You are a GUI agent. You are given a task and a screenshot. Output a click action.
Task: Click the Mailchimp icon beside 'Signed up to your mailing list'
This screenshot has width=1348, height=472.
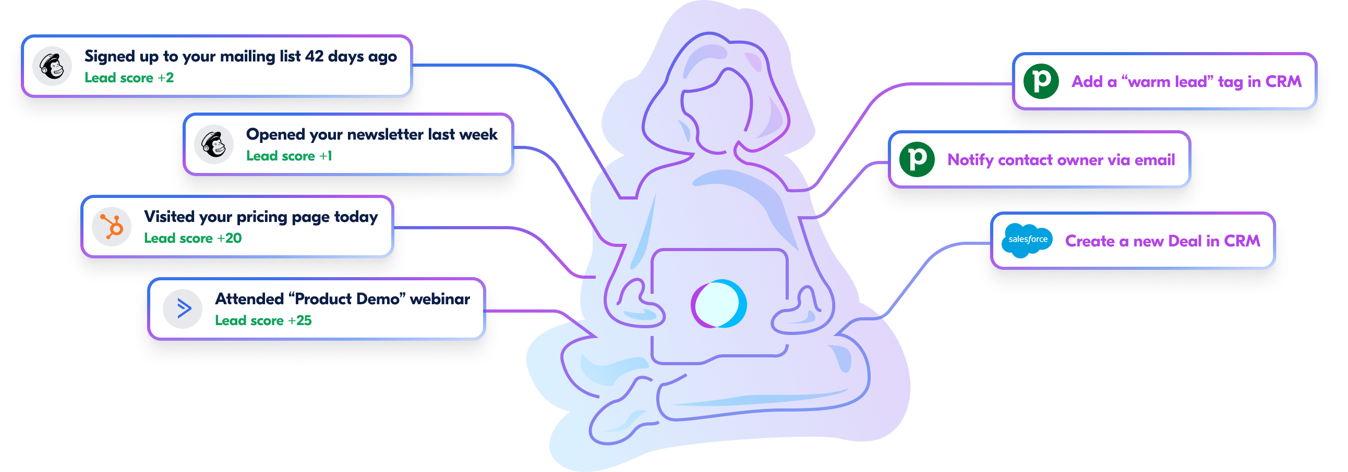[52, 66]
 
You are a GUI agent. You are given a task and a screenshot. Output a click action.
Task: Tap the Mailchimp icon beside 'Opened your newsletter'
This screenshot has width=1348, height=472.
[213, 144]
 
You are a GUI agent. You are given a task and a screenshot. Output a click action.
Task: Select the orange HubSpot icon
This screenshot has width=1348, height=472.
[112, 227]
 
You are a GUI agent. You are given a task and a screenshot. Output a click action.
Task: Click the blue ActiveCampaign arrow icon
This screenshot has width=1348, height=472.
[183, 308]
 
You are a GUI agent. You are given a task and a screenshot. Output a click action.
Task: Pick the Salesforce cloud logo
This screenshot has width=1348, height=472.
[1027, 240]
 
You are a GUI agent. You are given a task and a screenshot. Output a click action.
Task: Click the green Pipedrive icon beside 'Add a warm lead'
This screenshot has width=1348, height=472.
[1041, 81]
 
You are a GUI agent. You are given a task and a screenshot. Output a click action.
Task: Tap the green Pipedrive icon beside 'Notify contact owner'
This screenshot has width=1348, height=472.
[917, 159]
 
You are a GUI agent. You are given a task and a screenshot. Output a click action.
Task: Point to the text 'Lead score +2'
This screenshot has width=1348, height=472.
[129, 78]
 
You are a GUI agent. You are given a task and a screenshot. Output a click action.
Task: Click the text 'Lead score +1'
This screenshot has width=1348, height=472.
[289, 156]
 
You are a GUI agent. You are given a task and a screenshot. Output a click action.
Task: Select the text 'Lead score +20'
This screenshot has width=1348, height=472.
[192, 239]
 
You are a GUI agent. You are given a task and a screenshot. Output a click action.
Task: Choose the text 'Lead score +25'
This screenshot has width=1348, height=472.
[263, 320]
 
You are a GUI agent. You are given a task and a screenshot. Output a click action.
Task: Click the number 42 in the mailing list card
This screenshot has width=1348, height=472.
[314, 56]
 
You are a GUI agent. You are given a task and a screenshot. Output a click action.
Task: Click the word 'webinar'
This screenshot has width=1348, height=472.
[440, 299]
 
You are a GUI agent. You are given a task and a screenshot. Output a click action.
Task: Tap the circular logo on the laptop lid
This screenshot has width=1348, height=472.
[718, 304]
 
